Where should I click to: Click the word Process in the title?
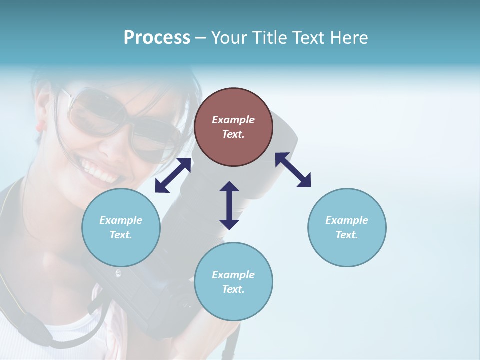click(157, 38)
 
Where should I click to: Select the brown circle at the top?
click(233, 127)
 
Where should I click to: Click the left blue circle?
click(121, 227)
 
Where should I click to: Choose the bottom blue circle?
click(233, 282)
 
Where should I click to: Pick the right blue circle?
click(347, 227)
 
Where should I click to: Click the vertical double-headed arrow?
click(229, 205)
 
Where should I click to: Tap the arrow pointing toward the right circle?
click(293, 170)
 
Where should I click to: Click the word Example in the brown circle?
click(233, 120)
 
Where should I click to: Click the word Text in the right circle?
click(347, 235)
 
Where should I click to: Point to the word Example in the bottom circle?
click(233, 274)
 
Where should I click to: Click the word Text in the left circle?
click(121, 235)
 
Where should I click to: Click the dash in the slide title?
click(201, 38)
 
